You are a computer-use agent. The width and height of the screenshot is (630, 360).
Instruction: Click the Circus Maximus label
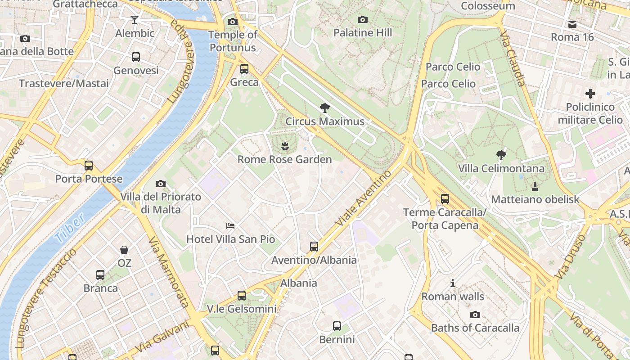pyautogui.click(x=325, y=121)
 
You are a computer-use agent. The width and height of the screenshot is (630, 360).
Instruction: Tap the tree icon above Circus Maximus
pyautogui.click(x=324, y=108)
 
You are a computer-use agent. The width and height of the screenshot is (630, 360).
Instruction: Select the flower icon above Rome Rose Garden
pyautogui.click(x=284, y=146)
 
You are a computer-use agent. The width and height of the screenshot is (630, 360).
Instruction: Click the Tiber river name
pyautogui.click(x=71, y=227)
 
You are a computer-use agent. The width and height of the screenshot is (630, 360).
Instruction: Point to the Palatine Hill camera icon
pyautogui.click(x=362, y=19)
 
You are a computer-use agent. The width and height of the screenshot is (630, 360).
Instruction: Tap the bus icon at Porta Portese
pyautogui.click(x=89, y=165)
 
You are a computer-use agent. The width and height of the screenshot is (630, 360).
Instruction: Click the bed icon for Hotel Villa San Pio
pyautogui.click(x=230, y=225)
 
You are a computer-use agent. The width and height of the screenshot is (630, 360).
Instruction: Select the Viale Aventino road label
pyautogui.click(x=364, y=198)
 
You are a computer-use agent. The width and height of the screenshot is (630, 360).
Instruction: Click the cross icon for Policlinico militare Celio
pyautogui.click(x=590, y=94)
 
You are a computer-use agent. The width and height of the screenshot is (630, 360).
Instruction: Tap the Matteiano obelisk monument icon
pyautogui.click(x=535, y=186)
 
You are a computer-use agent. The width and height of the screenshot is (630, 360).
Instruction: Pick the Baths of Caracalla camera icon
pyautogui.click(x=475, y=315)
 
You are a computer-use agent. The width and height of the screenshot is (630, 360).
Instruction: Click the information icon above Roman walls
pyautogui.click(x=453, y=283)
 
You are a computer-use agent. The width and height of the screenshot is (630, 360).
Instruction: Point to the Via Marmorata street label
pyautogui.click(x=169, y=273)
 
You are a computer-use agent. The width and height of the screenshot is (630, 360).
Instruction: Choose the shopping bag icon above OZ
pyautogui.click(x=124, y=249)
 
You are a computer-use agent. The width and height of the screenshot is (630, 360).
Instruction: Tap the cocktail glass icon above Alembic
pyautogui.click(x=135, y=20)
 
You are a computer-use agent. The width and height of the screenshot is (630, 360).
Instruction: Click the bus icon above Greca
pyautogui.click(x=244, y=69)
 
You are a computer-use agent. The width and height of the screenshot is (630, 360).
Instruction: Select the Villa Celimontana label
pyautogui.click(x=501, y=169)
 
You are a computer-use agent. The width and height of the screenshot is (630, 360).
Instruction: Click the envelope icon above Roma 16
pyautogui.click(x=572, y=24)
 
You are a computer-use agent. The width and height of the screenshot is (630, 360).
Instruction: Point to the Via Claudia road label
pyautogui.click(x=512, y=58)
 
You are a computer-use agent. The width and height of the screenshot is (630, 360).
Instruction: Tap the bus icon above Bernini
pyautogui.click(x=337, y=326)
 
